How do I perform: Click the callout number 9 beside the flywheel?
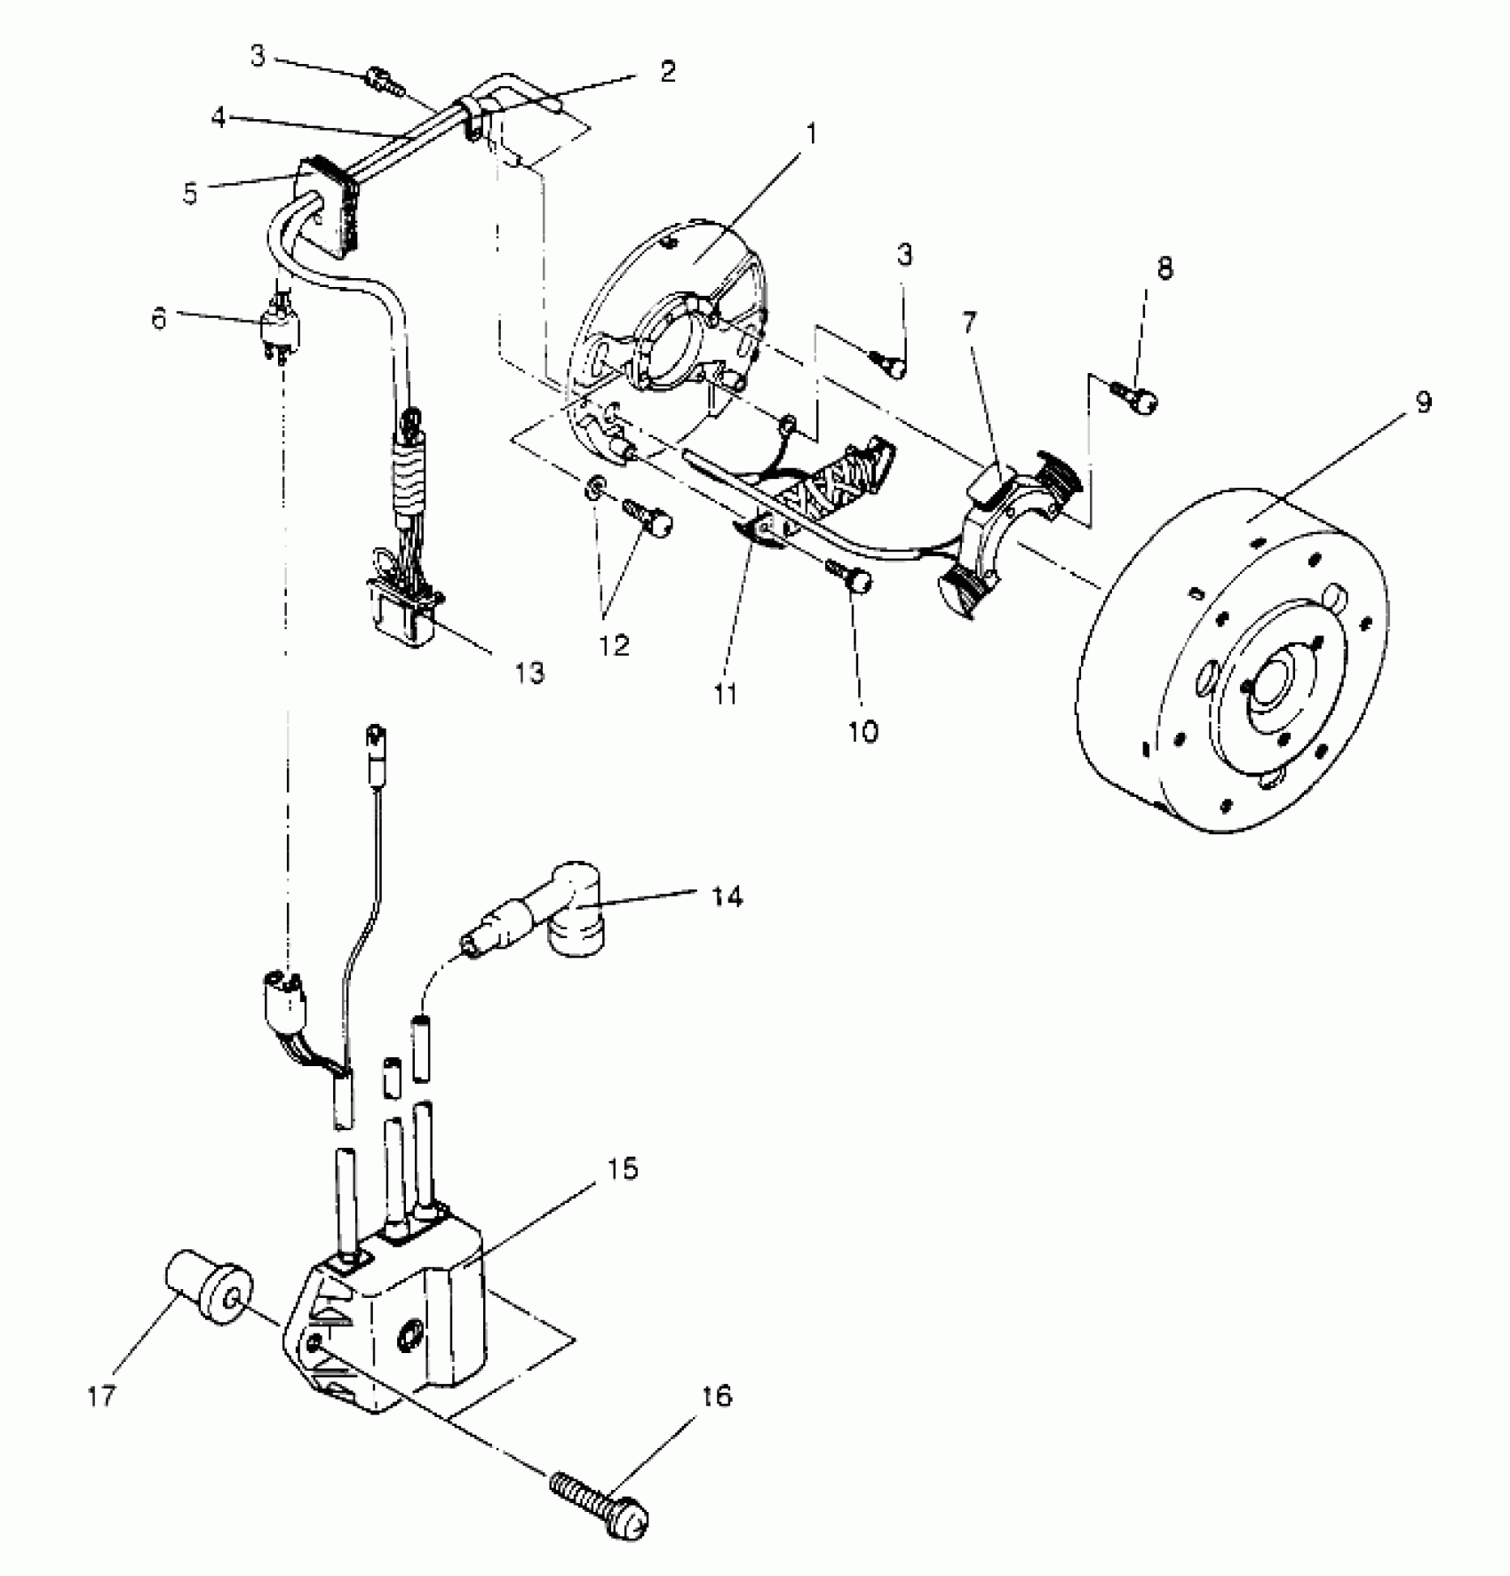(1423, 402)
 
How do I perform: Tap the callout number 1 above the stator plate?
(810, 134)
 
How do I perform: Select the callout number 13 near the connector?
(529, 673)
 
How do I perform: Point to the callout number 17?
(101, 1396)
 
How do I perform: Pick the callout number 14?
(727, 897)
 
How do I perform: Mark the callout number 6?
(159, 318)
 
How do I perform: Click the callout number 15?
(624, 1169)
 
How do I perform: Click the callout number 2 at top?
(667, 71)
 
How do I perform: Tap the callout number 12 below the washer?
(614, 644)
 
